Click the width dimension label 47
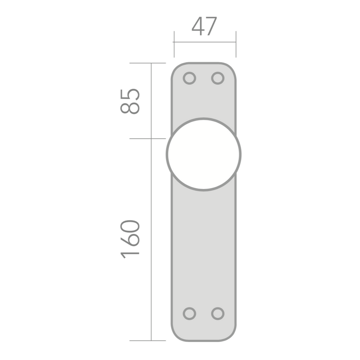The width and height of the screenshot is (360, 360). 204,27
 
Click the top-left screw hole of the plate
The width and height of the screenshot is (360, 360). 190,78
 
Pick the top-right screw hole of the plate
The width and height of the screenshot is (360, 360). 218,78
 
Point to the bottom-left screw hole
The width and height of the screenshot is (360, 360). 190,313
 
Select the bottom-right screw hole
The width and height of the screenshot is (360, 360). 218,313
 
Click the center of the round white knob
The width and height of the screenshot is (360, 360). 204,154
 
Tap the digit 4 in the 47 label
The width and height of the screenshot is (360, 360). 198,27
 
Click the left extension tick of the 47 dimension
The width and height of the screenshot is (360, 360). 174,43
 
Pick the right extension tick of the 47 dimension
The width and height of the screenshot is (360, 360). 236,43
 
